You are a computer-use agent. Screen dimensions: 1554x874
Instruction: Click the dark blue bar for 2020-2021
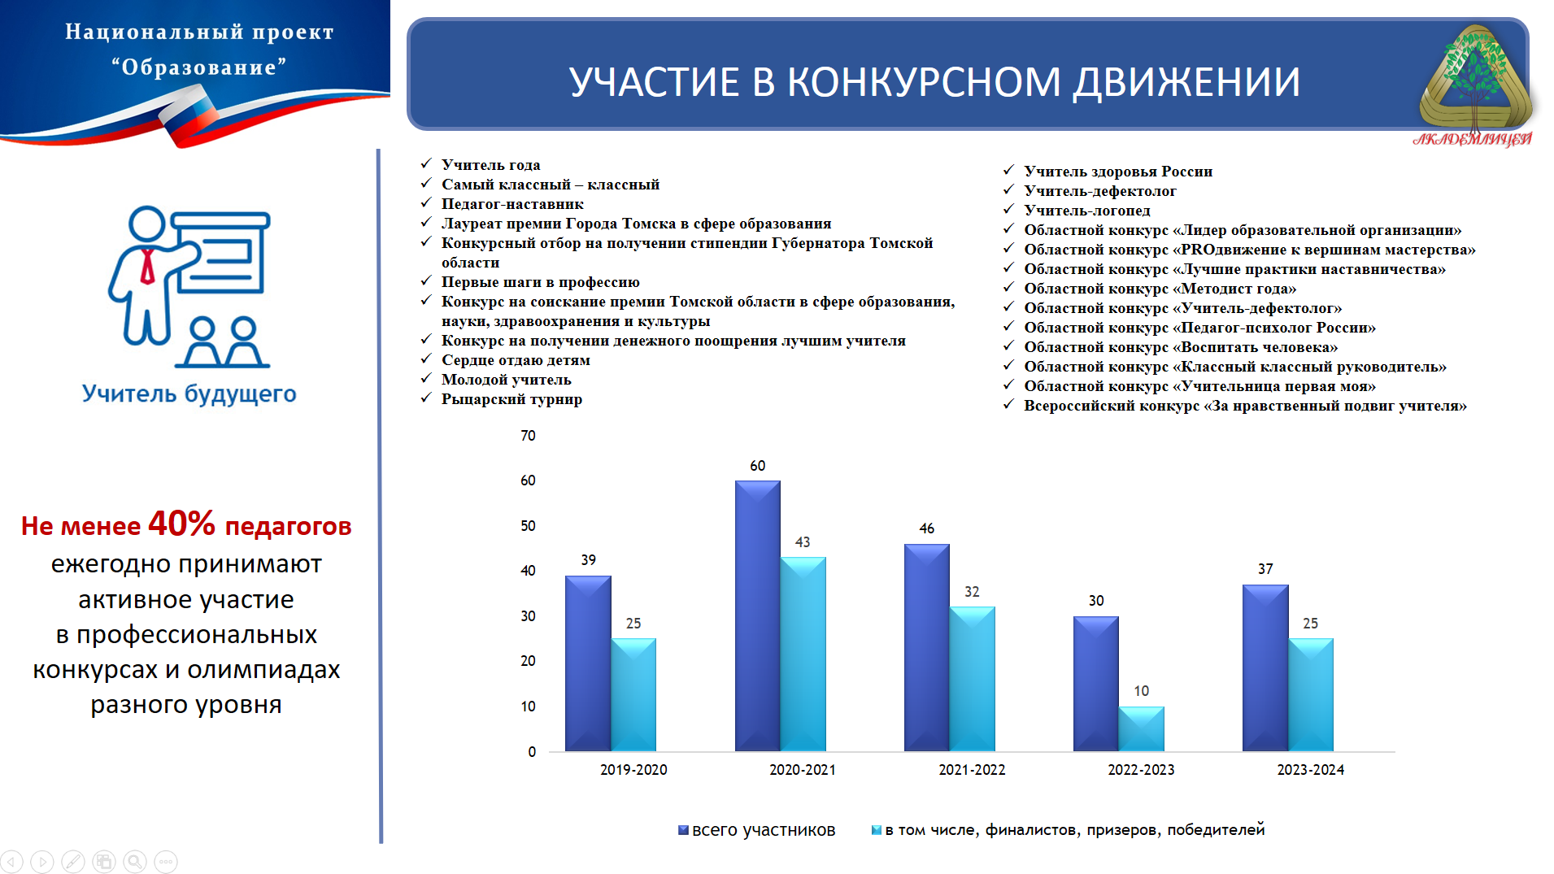click(x=757, y=615)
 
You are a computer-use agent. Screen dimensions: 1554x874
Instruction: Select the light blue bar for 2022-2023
click(x=1141, y=728)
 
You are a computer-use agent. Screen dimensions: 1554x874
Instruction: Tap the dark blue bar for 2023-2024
click(x=1265, y=667)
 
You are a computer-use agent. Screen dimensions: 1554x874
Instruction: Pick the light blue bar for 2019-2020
click(x=633, y=694)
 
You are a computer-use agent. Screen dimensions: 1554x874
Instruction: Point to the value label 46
click(x=927, y=528)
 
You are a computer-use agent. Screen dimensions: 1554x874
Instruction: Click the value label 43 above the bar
click(x=803, y=542)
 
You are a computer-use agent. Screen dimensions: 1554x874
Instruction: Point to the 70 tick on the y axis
click(x=529, y=436)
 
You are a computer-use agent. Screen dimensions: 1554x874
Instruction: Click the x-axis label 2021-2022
click(x=972, y=770)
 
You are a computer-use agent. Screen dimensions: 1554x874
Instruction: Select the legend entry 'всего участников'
click(x=764, y=830)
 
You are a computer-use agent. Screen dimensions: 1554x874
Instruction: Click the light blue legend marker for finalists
click(x=876, y=830)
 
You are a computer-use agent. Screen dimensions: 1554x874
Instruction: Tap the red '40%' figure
click(x=181, y=524)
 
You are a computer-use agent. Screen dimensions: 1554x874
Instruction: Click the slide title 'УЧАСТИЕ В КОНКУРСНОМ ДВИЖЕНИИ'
click(x=934, y=82)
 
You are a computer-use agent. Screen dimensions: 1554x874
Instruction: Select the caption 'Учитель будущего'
click(x=189, y=394)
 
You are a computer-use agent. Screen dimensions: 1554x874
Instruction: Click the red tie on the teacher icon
click(x=147, y=266)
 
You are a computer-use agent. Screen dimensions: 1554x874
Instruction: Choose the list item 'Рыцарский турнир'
click(x=511, y=399)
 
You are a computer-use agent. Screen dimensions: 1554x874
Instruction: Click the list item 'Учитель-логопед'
click(x=1087, y=211)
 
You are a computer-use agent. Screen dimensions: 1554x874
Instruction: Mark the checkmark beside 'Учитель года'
click(x=426, y=163)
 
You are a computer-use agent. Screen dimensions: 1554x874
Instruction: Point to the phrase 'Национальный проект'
click(x=199, y=32)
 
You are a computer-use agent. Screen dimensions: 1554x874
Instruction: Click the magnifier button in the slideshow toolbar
click(x=135, y=862)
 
